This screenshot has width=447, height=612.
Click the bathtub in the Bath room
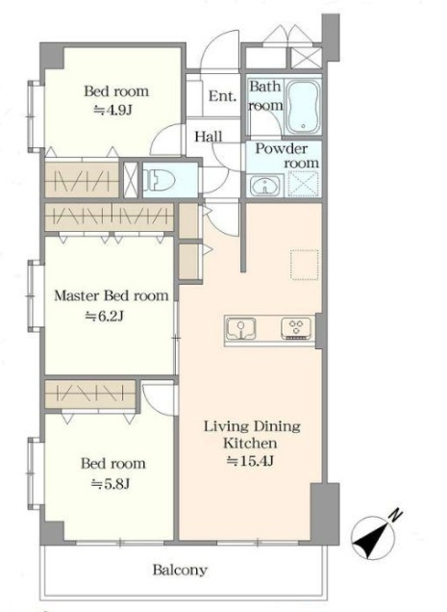click(303, 107)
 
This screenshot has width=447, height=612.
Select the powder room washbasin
click(265, 186)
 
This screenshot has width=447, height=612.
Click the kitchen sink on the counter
click(241, 328)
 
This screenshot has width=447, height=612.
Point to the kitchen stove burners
click(297, 328)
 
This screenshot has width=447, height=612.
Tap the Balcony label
click(180, 571)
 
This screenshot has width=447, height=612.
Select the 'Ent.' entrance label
click(222, 96)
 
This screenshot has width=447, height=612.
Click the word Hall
click(209, 137)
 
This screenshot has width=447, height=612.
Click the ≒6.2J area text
click(105, 316)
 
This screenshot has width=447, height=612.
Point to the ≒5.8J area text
click(111, 484)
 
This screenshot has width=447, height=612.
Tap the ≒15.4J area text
click(250, 461)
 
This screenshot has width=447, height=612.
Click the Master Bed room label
click(112, 295)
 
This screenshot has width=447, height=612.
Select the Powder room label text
click(287, 156)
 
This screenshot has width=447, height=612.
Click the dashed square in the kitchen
click(305, 265)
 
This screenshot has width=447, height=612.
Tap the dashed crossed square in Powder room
click(305, 184)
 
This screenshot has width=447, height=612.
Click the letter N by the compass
click(396, 516)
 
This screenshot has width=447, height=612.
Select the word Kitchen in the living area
click(250, 444)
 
